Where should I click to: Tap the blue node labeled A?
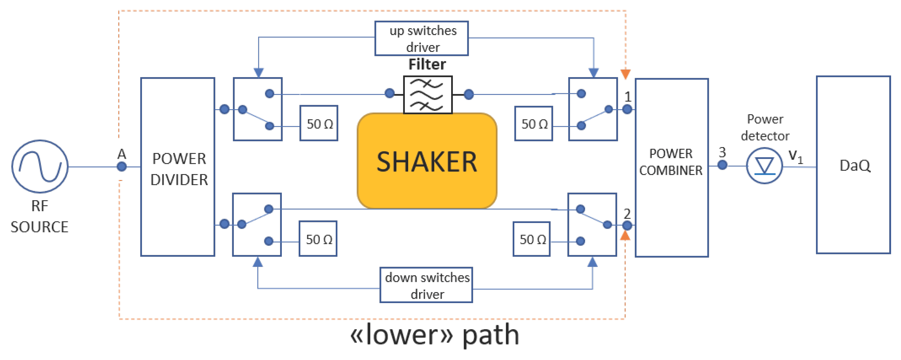coord(122,166)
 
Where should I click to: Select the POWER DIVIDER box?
coord(178,167)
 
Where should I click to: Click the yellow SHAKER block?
coord(427,161)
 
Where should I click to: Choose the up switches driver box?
coord(421,38)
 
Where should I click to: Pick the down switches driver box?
coord(426,285)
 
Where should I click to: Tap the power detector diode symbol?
coord(764,166)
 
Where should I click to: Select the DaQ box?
coord(853,165)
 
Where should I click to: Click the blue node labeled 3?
coord(722,165)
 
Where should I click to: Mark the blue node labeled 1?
coord(627,110)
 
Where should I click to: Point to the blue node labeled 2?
coord(627,225)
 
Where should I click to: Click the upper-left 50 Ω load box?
coord(319,123)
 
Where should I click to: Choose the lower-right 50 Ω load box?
coord(532,239)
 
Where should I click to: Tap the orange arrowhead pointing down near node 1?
coord(626,74)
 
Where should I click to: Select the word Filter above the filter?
coord(427,65)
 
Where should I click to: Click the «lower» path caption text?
coord(434,335)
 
